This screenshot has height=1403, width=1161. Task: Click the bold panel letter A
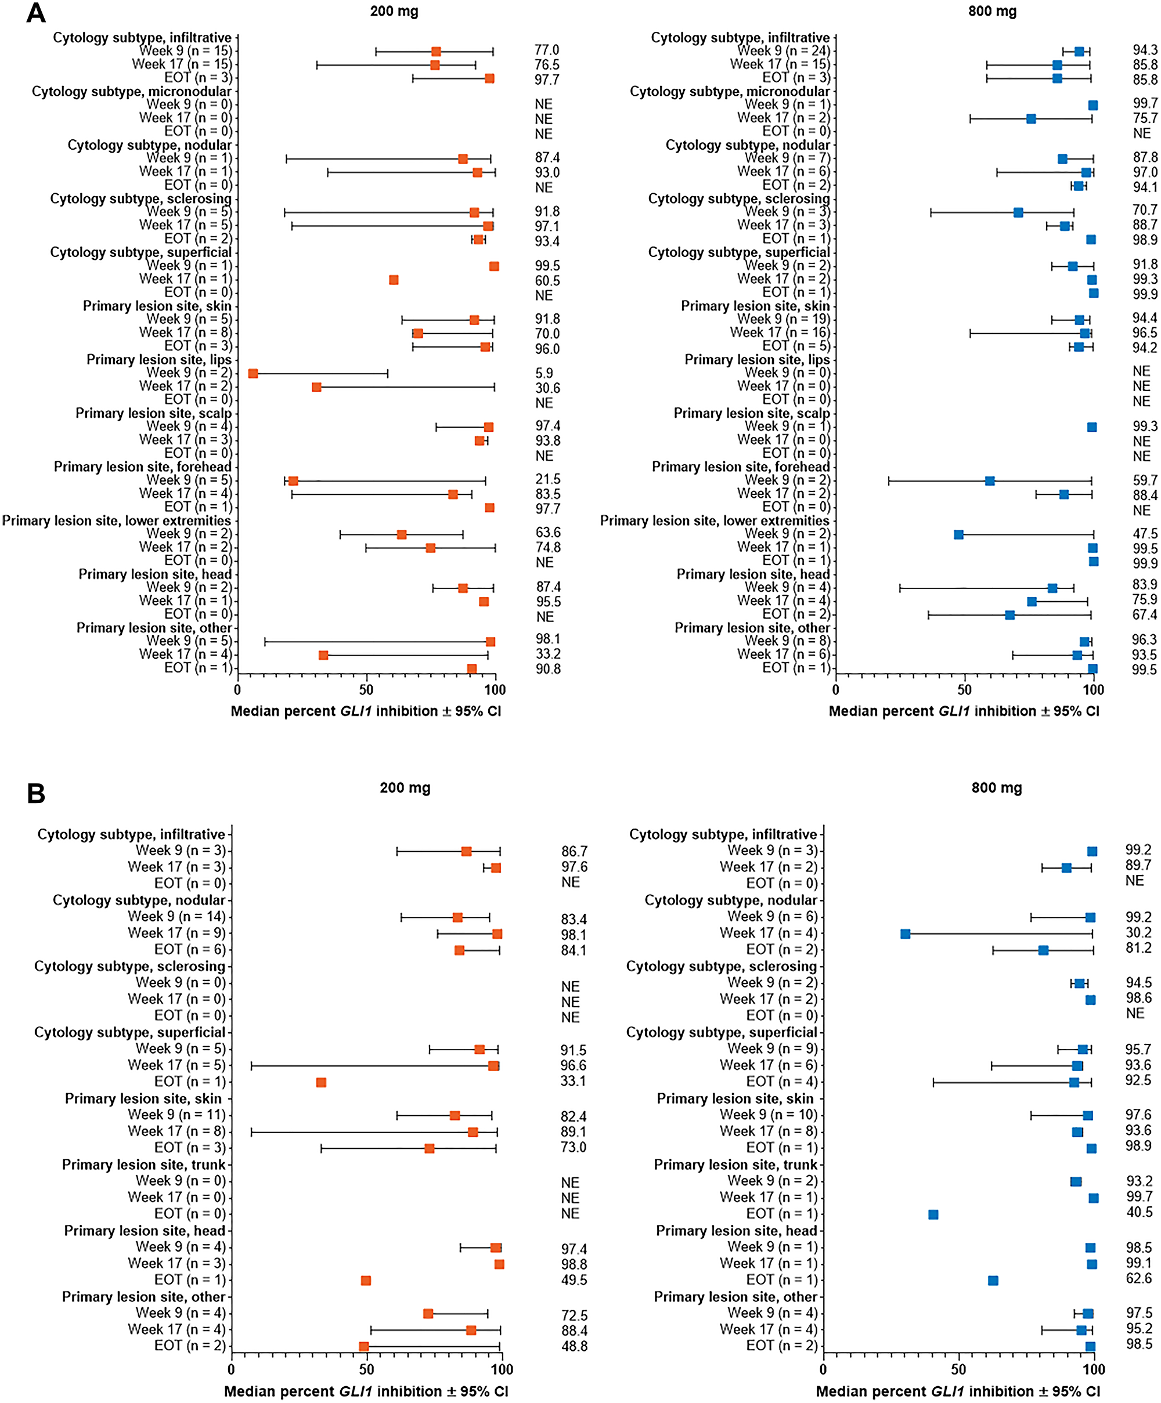tap(35, 13)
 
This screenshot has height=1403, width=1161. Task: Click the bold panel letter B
tap(35, 793)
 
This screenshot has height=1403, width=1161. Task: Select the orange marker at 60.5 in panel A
tap(394, 280)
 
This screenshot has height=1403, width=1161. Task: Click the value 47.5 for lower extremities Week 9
tap(1145, 534)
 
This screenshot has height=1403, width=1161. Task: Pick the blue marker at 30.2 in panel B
tap(905, 934)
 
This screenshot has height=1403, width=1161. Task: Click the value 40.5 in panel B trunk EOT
tap(1139, 1212)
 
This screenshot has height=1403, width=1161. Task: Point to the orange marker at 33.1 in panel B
tap(321, 1082)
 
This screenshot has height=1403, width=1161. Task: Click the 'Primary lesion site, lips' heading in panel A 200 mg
tap(158, 359)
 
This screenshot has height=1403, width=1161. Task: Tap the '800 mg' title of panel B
tap(996, 788)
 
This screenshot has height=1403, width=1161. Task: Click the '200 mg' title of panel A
tap(394, 12)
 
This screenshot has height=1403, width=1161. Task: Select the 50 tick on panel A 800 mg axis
tap(964, 689)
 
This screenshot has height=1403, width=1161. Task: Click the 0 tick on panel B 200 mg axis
tap(231, 1369)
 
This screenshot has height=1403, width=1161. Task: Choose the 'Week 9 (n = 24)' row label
tap(783, 51)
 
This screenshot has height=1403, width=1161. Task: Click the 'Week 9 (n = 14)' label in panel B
tap(176, 917)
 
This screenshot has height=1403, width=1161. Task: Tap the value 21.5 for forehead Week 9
tap(547, 480)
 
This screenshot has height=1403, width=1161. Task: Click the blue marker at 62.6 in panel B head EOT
tap(993, 1281)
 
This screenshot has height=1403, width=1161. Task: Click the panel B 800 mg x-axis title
tap(957, 1391)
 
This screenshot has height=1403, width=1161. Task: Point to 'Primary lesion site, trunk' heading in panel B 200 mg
tap(144, 1165)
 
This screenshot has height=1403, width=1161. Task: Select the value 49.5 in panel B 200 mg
tap(574, 1280)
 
